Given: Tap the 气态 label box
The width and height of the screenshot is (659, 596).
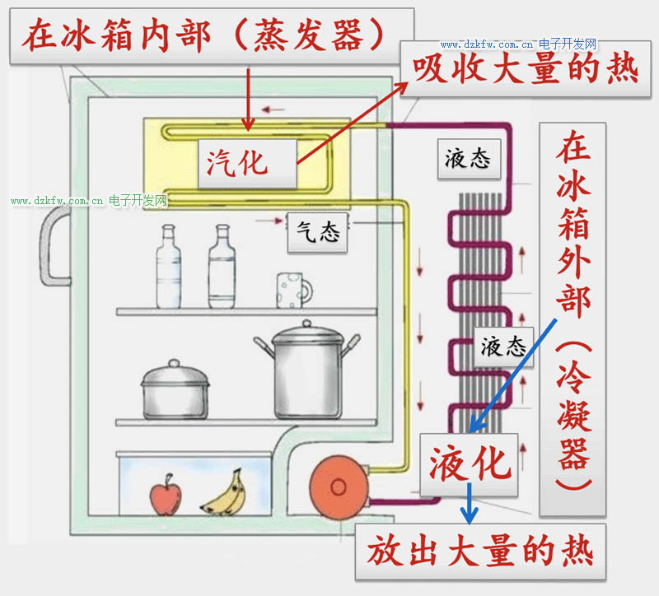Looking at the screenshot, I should (318, 233).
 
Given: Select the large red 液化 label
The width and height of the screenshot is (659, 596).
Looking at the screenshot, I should (470, 464).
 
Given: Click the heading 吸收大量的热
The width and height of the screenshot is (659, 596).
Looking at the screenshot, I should (526, 68).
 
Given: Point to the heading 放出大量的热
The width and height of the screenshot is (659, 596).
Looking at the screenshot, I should (480, 550).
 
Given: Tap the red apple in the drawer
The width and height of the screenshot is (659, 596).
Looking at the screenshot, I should (164, 496).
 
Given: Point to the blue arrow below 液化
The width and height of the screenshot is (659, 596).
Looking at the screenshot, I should (470, 504).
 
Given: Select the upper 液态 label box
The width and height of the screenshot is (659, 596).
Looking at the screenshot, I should (467, 158).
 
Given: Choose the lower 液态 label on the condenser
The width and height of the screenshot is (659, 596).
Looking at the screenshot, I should (503, 346).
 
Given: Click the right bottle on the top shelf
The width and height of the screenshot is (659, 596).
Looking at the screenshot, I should (222, 268).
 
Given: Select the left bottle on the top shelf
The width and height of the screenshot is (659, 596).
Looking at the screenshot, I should (169, 268).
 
